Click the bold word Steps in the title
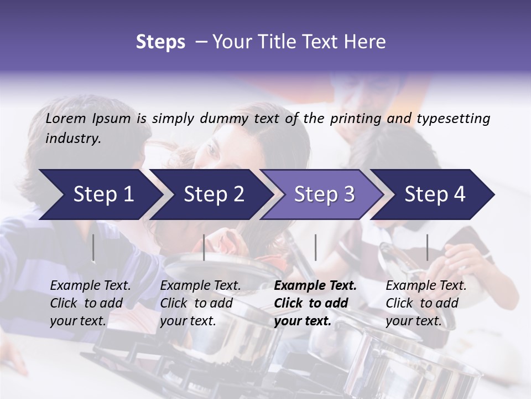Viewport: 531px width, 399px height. click(x=160, y=42)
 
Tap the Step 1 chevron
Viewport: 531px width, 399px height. click(x=100, y=195)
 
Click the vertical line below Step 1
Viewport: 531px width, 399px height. click(x=93, y=248)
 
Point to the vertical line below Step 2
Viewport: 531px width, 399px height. click(x=204, y=248)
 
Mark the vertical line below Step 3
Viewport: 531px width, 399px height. click(x=315, y=248)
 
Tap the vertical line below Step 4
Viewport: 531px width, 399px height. click(x=427, y=248)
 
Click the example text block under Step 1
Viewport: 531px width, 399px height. click(x=90, y=303)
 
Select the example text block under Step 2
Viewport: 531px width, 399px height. click(x=200, y=303)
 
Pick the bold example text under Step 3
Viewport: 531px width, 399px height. click(x=315, y=303)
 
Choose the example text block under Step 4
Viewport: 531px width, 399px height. click(x=426, y=303)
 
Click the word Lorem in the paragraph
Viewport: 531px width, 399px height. click(x=66, y=119)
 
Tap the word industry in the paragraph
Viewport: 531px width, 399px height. click(x=73, y=139)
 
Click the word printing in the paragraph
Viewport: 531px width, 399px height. click(x=355, y=119)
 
